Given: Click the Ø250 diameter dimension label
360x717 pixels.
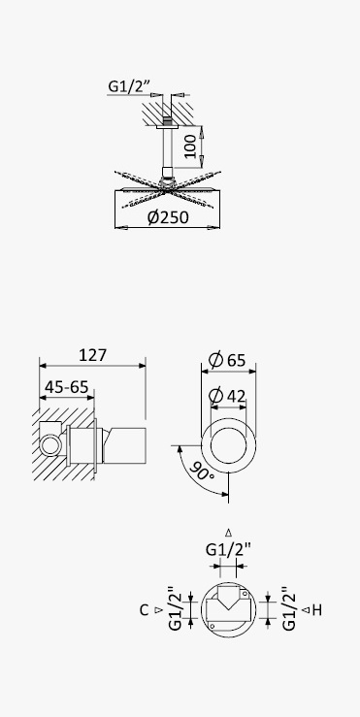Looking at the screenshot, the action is [168, 217].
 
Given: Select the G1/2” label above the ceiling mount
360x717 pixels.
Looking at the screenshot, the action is [129, 86].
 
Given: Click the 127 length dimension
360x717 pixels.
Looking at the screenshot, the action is [93, 355].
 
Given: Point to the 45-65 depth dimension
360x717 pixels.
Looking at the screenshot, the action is [66, 387].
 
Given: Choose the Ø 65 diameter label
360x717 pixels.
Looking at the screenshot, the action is [227, 360].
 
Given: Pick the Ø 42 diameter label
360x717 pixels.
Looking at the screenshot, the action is [227, 396].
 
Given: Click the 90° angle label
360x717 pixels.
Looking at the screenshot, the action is [201, 471].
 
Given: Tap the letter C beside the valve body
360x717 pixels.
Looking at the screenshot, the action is [144, 610].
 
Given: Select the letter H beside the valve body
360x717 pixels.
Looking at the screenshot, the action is [317, 610].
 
